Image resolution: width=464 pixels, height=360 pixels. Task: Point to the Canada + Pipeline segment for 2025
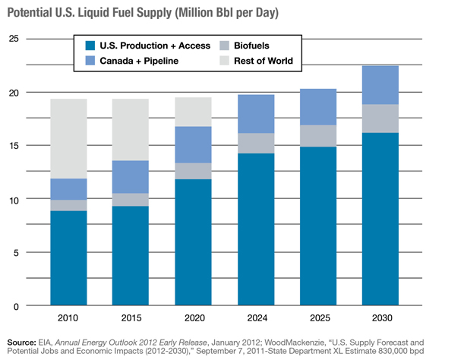(319, 107)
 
